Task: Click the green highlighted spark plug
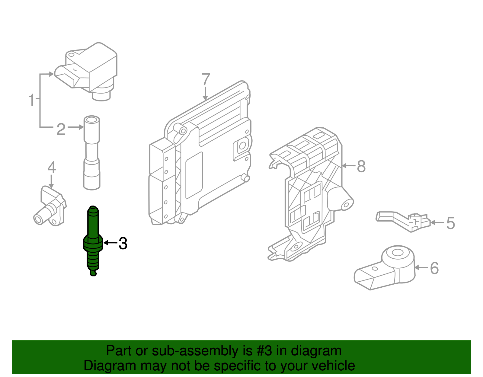pos(93,241)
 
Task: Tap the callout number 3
pos(123,243)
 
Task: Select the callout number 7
pos(206,80)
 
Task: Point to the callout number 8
pos(361,166)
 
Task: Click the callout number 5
pos(450,223)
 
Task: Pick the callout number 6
pos(434,268)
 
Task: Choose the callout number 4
pos(52,168)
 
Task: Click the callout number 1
pos(31,100)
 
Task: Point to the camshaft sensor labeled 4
pos(50,207)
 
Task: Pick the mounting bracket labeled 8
pos(311,193)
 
